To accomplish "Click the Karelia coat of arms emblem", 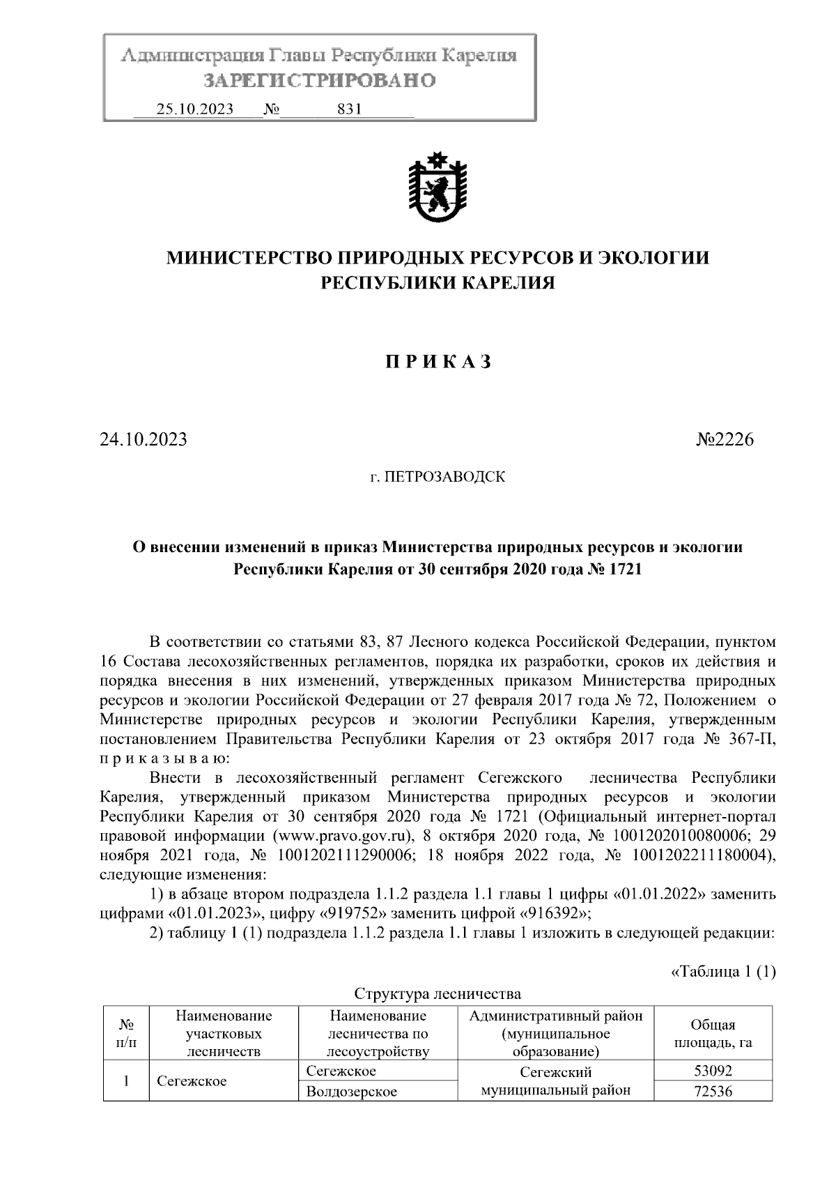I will (x=438, y=186).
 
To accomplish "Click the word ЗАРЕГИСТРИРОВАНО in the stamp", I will (x=319, y=81).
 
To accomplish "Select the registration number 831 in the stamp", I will (x=348, y=109).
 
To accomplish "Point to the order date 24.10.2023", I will (x=144, y=440).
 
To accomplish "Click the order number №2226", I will (x=725, y=440).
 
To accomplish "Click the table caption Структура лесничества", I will (x=438, y=993).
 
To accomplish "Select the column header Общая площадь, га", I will (x=712, y=1034).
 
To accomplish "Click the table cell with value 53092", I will (x=713, y=1071).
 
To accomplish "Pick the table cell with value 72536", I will (x=713, y=1091).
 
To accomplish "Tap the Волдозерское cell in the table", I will (x=352, y=1091).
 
